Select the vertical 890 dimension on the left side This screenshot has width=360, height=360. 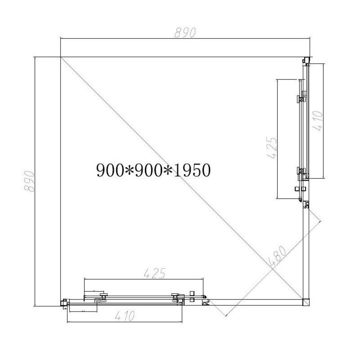click(30, 181)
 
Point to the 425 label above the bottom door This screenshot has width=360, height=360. click(155, 273)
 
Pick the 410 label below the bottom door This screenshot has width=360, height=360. click(125, 316)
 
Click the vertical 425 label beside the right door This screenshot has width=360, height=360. click(272, 148)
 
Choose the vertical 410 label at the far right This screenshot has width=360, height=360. click(318, 121)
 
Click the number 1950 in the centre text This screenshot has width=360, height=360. click(192, 171)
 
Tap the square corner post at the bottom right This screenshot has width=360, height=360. click(306, 302)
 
